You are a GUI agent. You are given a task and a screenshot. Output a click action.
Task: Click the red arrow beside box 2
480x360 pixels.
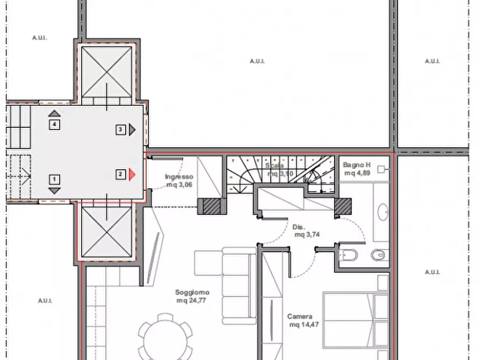132,175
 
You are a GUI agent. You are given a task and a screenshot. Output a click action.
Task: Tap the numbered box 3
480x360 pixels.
120,130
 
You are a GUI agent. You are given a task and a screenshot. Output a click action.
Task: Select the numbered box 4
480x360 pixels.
54,125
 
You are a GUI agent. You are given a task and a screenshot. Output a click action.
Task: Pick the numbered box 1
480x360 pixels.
54,179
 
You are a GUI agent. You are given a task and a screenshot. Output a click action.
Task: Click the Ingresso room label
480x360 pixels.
179,177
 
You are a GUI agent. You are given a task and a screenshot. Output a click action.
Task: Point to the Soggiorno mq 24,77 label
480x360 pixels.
192,296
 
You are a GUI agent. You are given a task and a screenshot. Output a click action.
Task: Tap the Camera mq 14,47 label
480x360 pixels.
302,321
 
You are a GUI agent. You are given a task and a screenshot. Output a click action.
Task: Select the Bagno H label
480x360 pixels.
356,165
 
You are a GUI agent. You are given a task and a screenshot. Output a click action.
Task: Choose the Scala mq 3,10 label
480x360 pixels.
280,170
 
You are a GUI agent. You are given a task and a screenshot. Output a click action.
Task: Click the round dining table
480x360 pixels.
166,337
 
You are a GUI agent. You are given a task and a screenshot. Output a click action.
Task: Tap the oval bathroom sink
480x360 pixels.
383,212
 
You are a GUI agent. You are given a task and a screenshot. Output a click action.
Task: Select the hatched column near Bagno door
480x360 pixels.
343,206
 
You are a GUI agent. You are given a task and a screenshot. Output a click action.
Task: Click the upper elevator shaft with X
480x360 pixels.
106,72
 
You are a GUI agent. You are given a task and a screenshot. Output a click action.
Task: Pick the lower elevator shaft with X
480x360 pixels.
106,232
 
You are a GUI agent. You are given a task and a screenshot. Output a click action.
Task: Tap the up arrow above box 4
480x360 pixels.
54,113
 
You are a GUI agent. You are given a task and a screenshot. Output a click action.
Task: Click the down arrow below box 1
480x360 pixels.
54,191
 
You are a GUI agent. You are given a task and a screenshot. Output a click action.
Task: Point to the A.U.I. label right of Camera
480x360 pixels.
432,272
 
